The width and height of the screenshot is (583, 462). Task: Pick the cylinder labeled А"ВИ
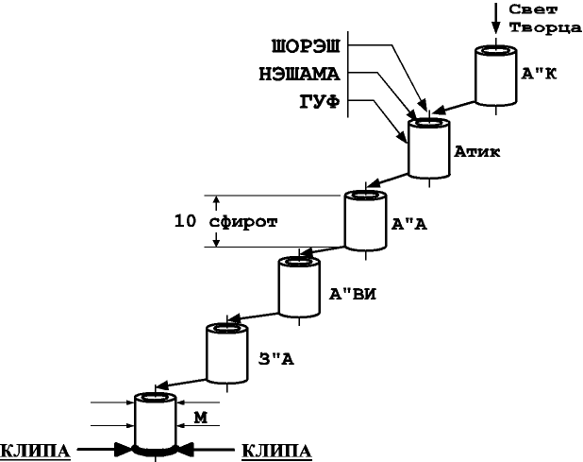299,289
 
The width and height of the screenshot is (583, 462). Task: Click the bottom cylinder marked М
155,421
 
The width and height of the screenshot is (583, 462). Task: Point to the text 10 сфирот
231,221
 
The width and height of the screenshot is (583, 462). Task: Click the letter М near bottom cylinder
200,416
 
